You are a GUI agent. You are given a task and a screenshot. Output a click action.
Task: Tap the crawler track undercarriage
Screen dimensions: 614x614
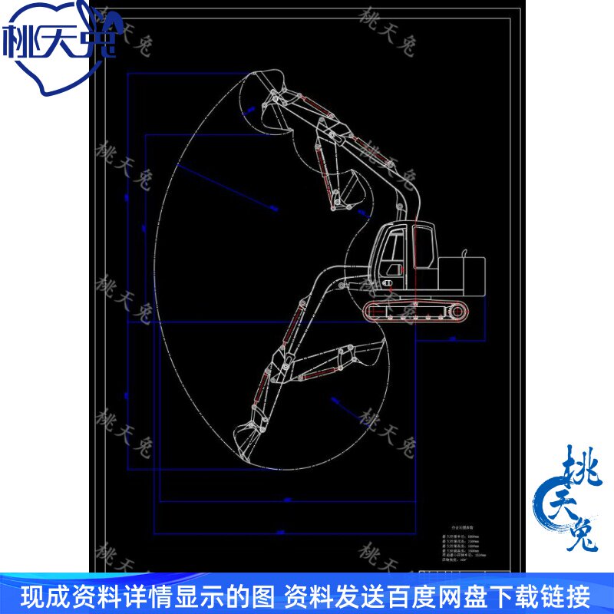(415, 309)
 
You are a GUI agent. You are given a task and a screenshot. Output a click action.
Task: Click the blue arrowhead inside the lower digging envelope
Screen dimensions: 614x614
(334, 398)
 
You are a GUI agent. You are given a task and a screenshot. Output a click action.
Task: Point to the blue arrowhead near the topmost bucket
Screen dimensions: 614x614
(248, 112)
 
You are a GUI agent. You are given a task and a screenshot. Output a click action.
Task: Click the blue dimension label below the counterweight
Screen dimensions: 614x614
(453, 338)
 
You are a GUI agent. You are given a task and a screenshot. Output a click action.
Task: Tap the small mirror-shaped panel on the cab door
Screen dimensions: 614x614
(396, 269)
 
